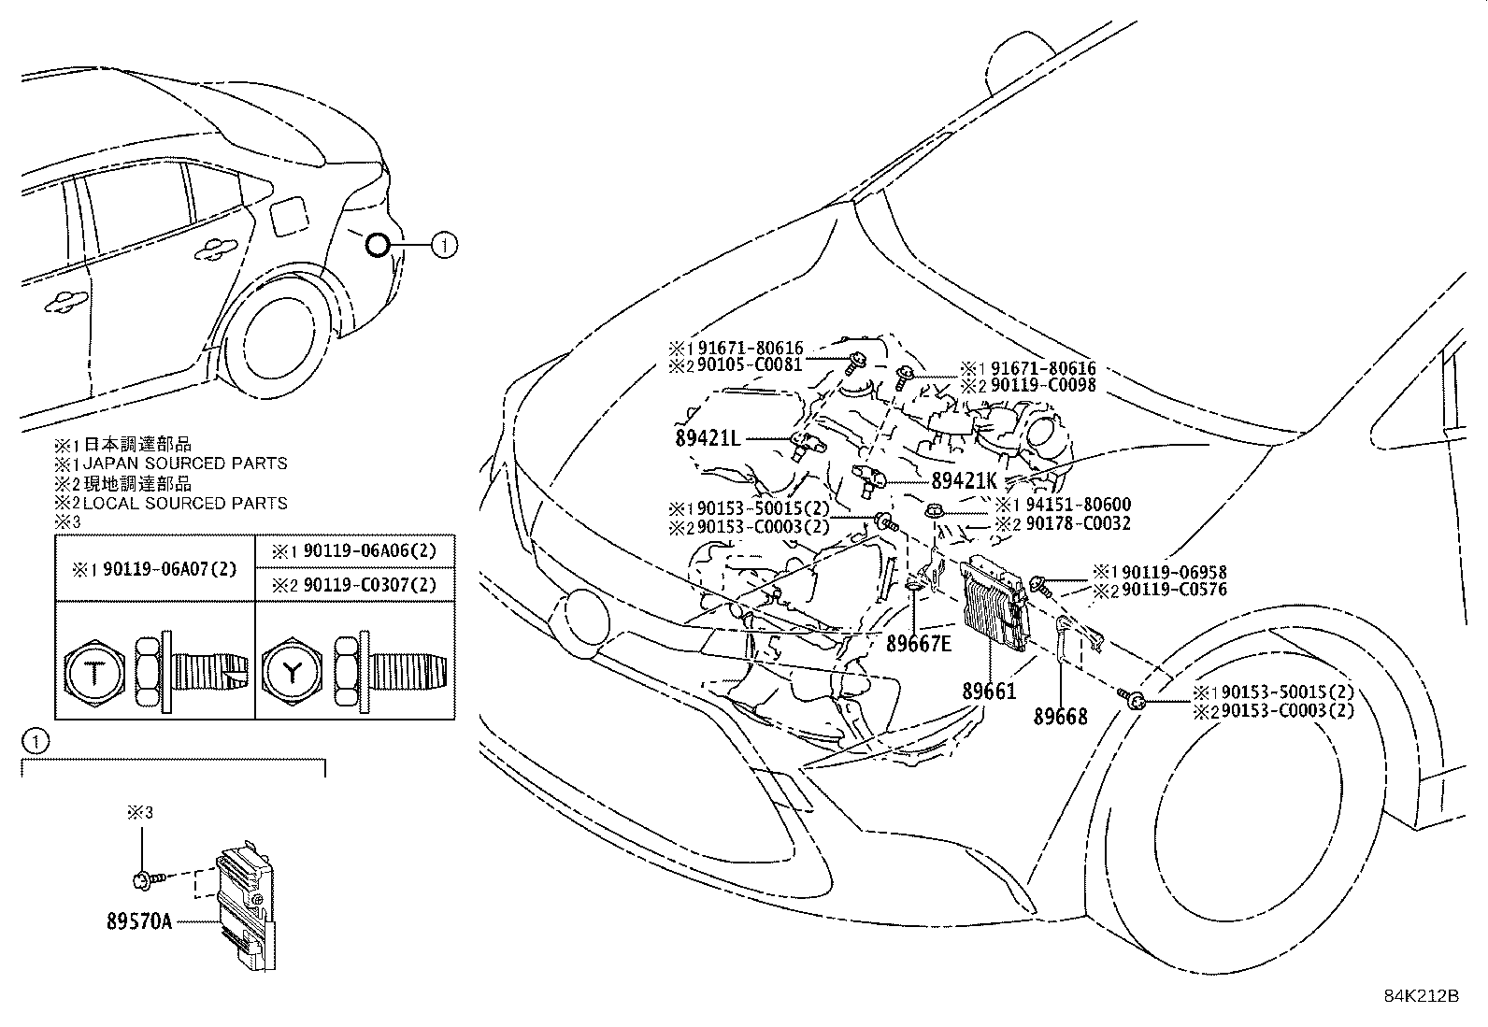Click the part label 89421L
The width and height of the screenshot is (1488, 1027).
coord(708,438)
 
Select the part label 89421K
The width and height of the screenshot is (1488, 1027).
coord(965,481)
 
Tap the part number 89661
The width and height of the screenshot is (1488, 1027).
coord(989,692)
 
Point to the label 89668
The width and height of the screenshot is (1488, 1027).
coord(1060,717)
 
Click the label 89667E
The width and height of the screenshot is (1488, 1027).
coord(919,644)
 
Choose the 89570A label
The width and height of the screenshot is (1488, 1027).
coord(139,921)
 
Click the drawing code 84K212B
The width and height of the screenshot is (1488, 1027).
coord(1421,996)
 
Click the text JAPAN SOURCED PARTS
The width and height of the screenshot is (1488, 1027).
coord(185,463)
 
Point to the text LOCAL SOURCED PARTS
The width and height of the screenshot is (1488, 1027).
coord(185,503)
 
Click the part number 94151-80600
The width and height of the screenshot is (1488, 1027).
coord(1078,505)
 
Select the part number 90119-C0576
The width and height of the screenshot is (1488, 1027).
coord(1175,590)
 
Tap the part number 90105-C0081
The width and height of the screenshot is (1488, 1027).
coord(750,364)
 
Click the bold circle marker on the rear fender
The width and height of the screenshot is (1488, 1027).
coord(378,246)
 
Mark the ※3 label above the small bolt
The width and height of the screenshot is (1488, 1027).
coord(140,812)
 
